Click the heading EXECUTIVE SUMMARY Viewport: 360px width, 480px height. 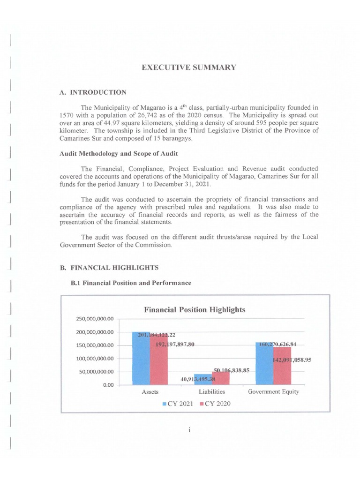pos(189,67)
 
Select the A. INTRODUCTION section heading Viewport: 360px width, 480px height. pos(93,92)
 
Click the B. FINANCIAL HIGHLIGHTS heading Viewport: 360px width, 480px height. pos(109,268)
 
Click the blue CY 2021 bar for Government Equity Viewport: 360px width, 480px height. pos(264,364)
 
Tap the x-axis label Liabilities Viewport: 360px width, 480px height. pos(211,392)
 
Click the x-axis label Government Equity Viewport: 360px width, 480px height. pos(273,392)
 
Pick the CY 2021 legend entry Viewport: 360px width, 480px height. pos(178,404)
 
